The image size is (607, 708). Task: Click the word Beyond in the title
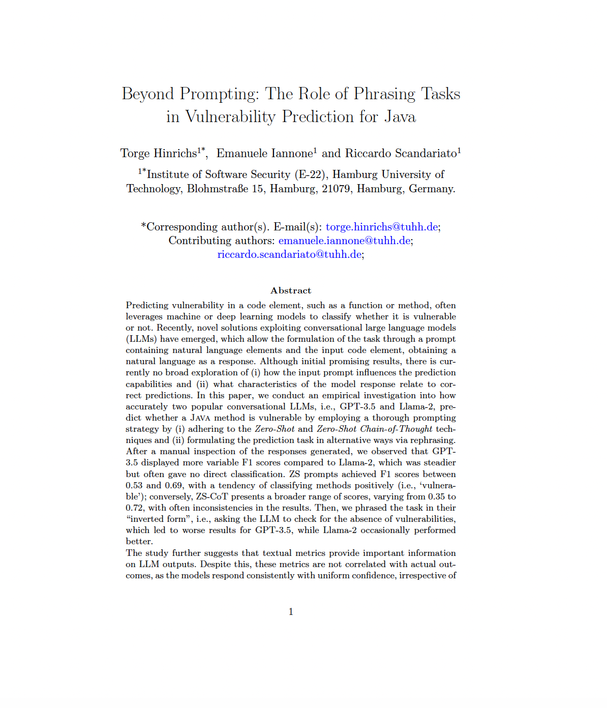[147, 95]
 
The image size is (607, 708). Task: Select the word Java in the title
[400, 117]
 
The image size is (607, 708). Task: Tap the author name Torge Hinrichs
[159, 154]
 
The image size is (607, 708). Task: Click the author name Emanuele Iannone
[264, 154]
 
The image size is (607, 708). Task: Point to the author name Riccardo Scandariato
[401, 154]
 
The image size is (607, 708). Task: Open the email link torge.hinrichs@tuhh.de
[382, 227]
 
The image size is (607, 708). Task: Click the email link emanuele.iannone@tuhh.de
[344, 241]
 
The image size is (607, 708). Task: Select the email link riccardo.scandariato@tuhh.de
[289, 254]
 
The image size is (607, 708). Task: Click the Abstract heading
[291, 290]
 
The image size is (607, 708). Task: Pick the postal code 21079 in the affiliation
[336, 189]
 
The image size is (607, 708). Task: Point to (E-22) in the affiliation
[310, 174]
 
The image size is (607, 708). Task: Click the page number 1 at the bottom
[291, 612]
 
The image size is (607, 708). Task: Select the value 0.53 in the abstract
[135, 486]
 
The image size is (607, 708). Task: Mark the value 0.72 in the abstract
[135, 508]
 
